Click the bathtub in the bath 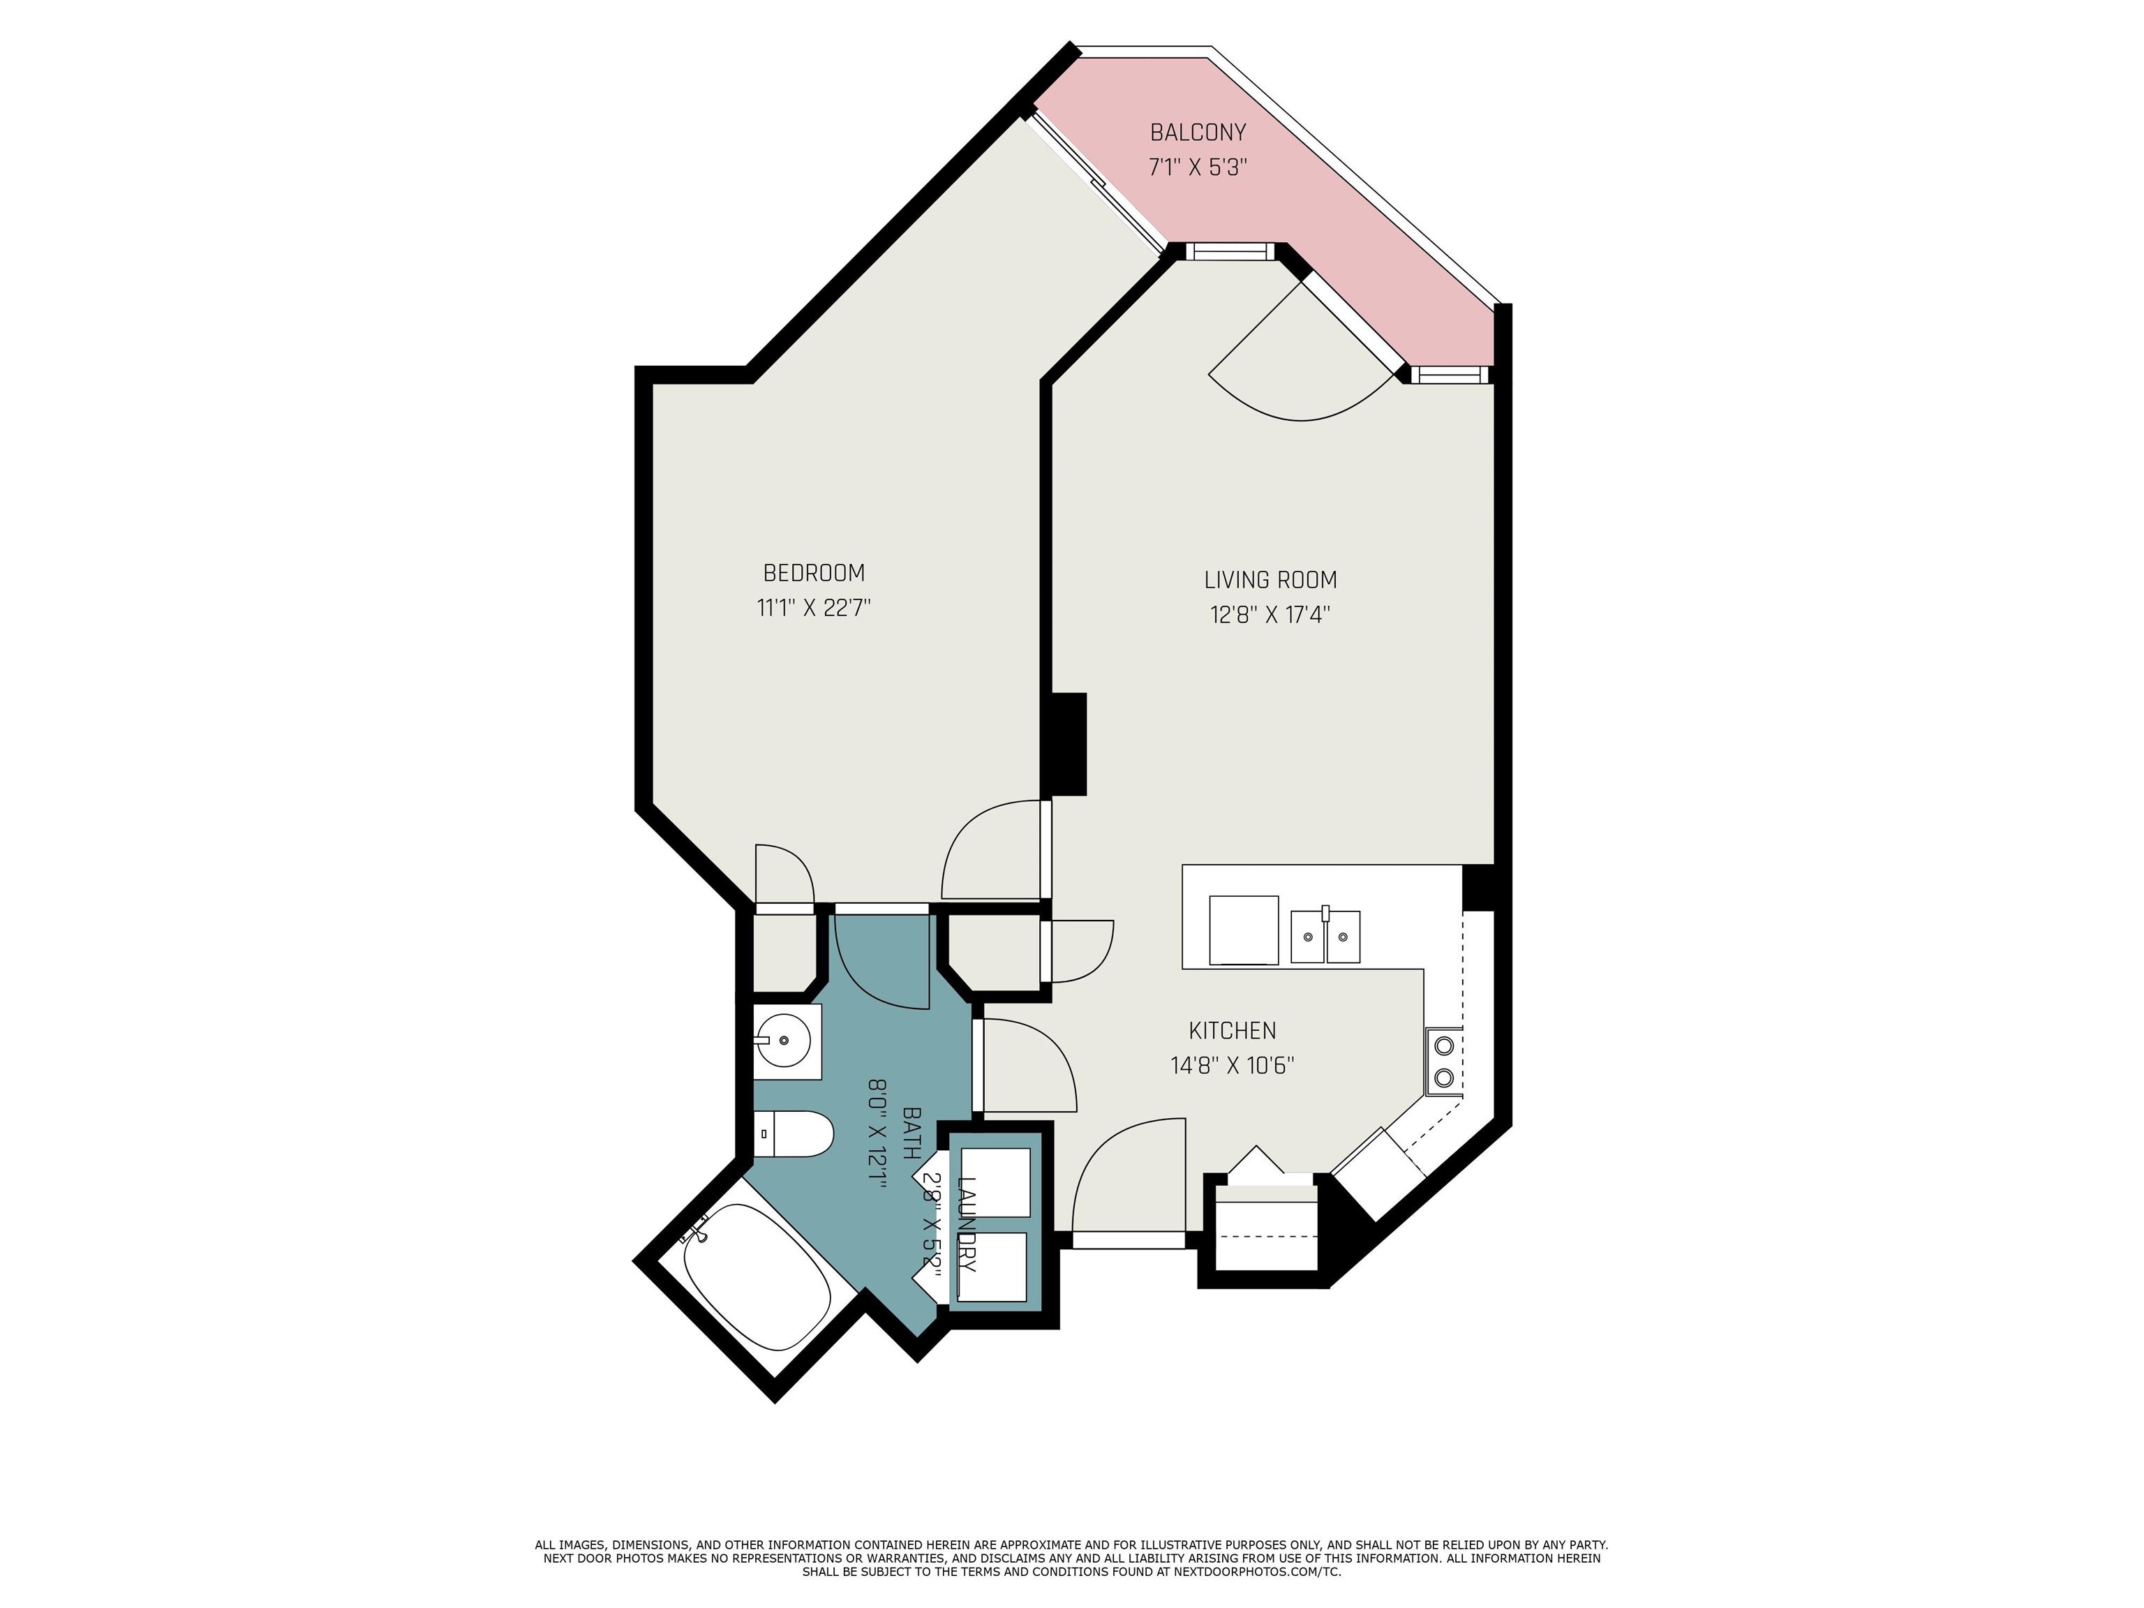[x=756, y=1277]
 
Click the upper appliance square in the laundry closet [x=995, y=1182]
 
